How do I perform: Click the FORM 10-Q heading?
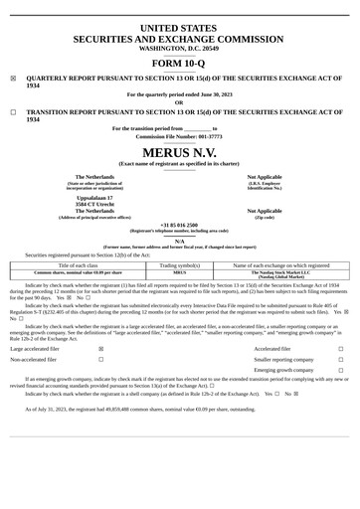pyautogui.click(x=179, y=63)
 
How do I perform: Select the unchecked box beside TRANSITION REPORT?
pyautogui.click(x=13, y=113)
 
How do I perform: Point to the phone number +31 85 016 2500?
pyautogui.click(x=179, y=225)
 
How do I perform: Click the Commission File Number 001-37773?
pyautogui.click(x=179, y=136)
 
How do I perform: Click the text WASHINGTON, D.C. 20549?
pyautogui.click(x=179, y=47)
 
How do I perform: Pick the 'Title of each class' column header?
pyautogui.click(x=78, y=265)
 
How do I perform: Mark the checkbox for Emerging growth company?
pyautogui.click(x=340, y=371)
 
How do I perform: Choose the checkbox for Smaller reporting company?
pyautogui.click(x=340, y=361)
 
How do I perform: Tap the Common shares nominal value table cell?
pyautogui.click(x=78, y=272)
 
